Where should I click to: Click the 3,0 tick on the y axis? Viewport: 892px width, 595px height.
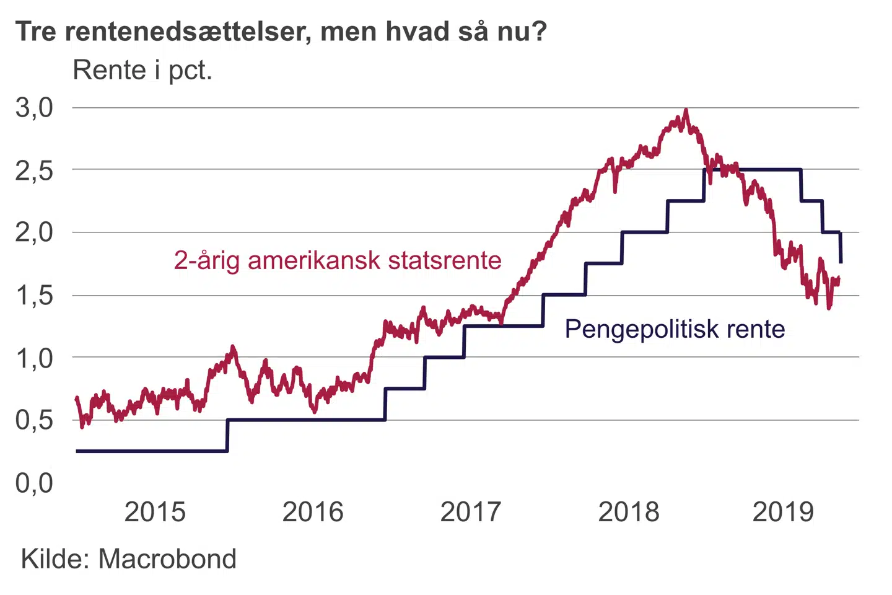tap(34, 108)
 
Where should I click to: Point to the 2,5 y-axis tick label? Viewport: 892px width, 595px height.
tap(34, 170)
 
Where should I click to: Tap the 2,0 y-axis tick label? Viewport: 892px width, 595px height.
tap(34, 233)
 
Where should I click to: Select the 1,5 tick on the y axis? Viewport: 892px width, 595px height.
tap(34, 296)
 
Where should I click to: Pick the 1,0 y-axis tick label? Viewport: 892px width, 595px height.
tap(34, 358)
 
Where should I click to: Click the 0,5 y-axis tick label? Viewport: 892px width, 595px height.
tap(34, 420)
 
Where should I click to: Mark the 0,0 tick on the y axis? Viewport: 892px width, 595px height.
tap(34, 483)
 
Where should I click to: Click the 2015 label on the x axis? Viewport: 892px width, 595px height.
tap(155, 512)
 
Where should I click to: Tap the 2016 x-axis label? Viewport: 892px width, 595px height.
tap(313, 512)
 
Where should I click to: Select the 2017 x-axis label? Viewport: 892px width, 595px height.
tap(471, 512)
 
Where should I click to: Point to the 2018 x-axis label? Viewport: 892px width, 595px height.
tap(629, 512)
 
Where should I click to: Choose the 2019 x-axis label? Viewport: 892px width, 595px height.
tap(783, 512)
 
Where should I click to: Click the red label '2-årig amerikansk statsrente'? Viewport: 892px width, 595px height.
tap(338, 260)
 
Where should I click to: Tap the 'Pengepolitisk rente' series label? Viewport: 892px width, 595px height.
tap(675, 329)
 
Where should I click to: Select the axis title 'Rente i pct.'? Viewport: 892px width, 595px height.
tap(142, 71)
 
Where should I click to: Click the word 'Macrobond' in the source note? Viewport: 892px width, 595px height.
tap(167, 559)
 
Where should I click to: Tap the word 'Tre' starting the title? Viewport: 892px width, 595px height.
tap(36, 31)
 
